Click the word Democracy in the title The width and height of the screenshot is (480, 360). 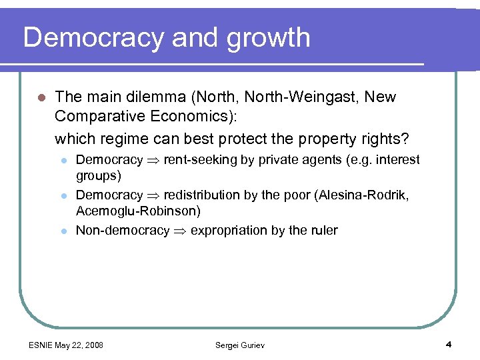click(x=93, y=38)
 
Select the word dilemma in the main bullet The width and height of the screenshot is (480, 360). click(x=153, y=97)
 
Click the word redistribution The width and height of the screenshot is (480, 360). click(x=202, y=195)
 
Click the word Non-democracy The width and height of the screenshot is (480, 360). click(x=123, y=231)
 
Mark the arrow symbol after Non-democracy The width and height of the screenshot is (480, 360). click(x=180, y=231)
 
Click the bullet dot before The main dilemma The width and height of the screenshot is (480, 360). click(x=41, y=98)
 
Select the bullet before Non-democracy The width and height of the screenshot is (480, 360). click(x=64, y=231)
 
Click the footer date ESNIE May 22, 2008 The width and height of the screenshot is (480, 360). click(x=66, y=345)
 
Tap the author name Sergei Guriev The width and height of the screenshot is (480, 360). click(x=239, y=345)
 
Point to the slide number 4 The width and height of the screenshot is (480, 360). click(x=449, y=345)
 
